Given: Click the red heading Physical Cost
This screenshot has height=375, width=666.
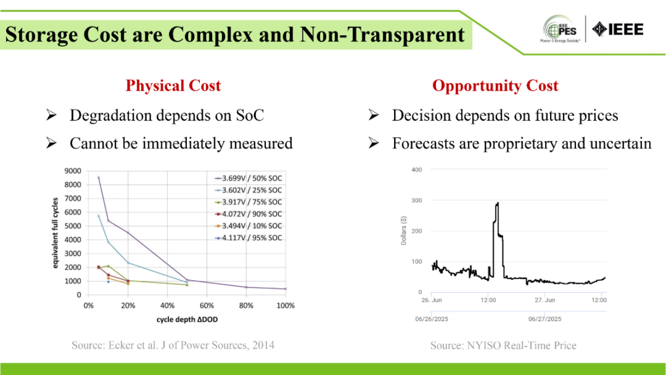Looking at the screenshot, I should click(x=173, y=86).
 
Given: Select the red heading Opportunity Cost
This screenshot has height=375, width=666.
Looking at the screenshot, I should click(x=495, y=86).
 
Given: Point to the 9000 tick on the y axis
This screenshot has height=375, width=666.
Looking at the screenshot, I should click(x=73, y=170).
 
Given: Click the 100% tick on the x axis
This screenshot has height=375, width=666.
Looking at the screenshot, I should click(x=285, y=305).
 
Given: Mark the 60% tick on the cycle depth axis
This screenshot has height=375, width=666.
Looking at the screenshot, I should click(x=207, y=305).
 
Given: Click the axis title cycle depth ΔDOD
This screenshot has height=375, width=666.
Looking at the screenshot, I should click(x=187, y=320).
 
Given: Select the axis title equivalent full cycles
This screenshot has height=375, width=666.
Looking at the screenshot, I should click(x=57, y=232).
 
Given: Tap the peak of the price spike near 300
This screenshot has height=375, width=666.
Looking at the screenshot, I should click(x=497, y=203).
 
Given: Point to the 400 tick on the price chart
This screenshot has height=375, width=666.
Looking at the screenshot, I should click(x=417, y=169).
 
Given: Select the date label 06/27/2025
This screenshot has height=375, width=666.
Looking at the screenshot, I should click(x=545, y=319).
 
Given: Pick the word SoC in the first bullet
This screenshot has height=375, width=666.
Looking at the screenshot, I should click(x=250, y=115).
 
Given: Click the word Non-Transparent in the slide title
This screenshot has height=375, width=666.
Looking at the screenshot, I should click(x=382, y=35).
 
